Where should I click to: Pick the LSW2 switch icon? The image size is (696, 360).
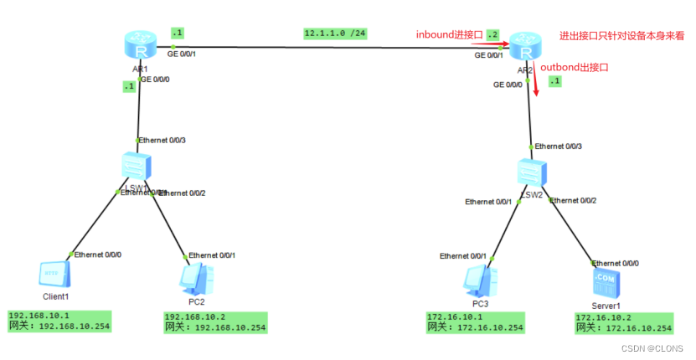530,172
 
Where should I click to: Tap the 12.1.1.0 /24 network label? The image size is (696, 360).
335,33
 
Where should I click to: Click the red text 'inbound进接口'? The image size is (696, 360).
450,34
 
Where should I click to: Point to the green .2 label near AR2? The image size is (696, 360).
492,34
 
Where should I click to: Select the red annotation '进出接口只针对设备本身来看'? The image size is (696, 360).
621,36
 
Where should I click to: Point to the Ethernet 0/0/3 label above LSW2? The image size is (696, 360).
559,146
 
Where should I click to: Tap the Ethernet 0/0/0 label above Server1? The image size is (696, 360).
615,262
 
